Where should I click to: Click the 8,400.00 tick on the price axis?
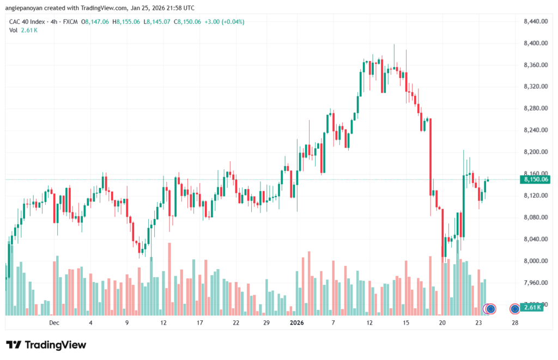point(535,43)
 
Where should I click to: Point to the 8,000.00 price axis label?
point(535,261)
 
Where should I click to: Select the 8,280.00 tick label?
point(535,108)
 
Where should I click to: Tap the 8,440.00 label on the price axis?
point(535,21)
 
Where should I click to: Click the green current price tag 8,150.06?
point(536,179)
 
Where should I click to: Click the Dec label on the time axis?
point(53,322)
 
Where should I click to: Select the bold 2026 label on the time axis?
point(297,322)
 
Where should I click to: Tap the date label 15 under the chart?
point(406,322)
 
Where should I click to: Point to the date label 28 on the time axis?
point(515,322)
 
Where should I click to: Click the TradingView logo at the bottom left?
point(46,345)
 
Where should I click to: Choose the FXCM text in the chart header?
point(69,22)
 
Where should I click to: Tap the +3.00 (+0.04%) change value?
point(225,22)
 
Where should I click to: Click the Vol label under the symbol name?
point(14,30)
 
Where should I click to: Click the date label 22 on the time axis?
point(235,322)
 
